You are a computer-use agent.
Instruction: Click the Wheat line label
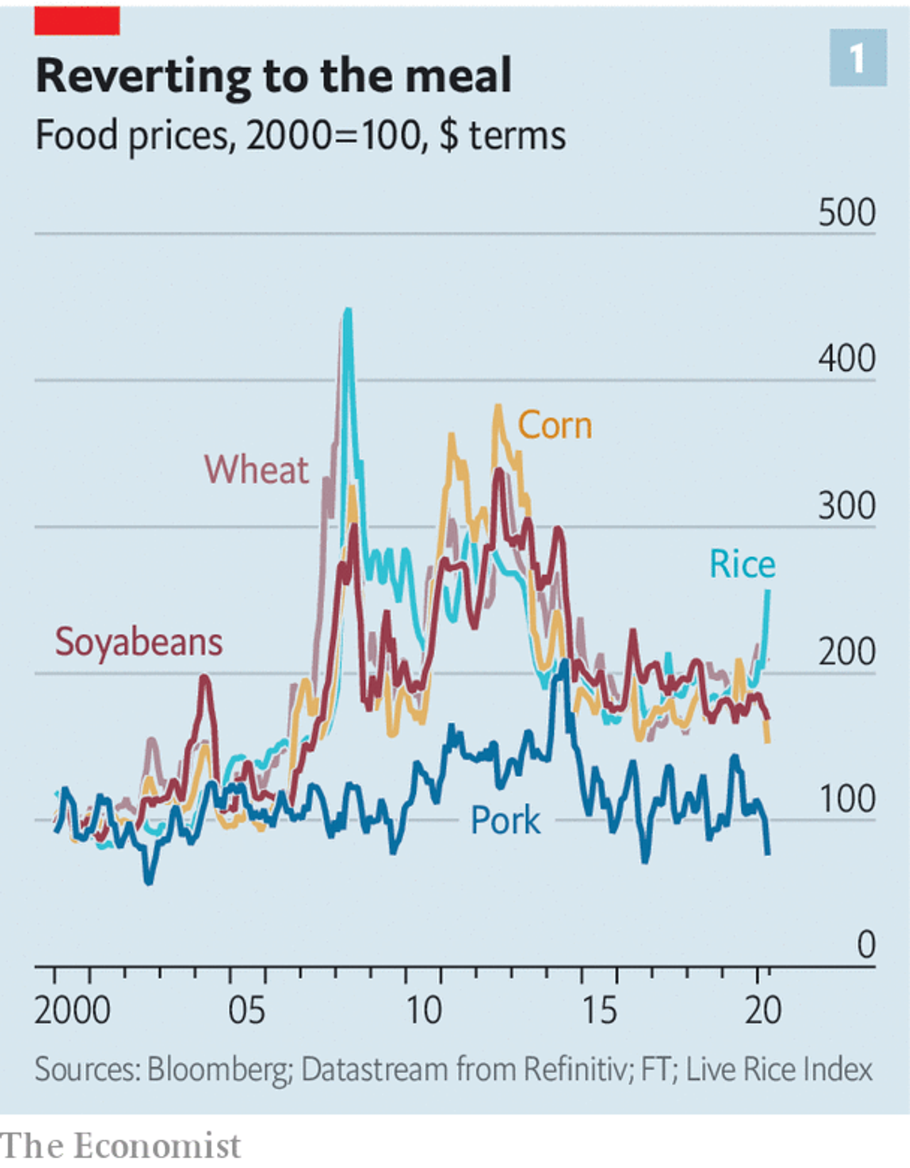tap(257, 470)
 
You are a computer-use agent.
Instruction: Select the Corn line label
tap(555, 426)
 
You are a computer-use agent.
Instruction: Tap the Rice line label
tap(742, 565)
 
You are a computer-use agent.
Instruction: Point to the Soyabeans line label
tap(139, 642)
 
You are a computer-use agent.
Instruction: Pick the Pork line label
tap(505, 821)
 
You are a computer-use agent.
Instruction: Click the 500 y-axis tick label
tap(846, 212)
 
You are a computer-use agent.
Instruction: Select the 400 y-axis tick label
tap(846, 359)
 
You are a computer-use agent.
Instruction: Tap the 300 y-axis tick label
tap(846, 506)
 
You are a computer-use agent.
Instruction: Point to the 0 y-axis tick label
tap(866, 946)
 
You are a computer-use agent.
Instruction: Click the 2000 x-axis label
tap(73, 1010)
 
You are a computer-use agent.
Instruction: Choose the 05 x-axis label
tap(247, 1010)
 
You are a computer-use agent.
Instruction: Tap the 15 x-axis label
tap(599, 1010)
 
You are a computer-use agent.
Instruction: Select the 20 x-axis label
tap(763, 1010)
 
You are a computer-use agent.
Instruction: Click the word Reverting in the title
tap(143, 76)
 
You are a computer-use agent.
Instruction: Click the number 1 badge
tap(857, 58)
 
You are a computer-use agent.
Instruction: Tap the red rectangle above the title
tap(77, 21)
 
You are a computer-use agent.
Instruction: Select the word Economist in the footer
tap(157, 1146)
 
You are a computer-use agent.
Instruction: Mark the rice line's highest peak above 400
tap(348, 310)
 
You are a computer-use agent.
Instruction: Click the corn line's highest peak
tap(498, 407)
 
